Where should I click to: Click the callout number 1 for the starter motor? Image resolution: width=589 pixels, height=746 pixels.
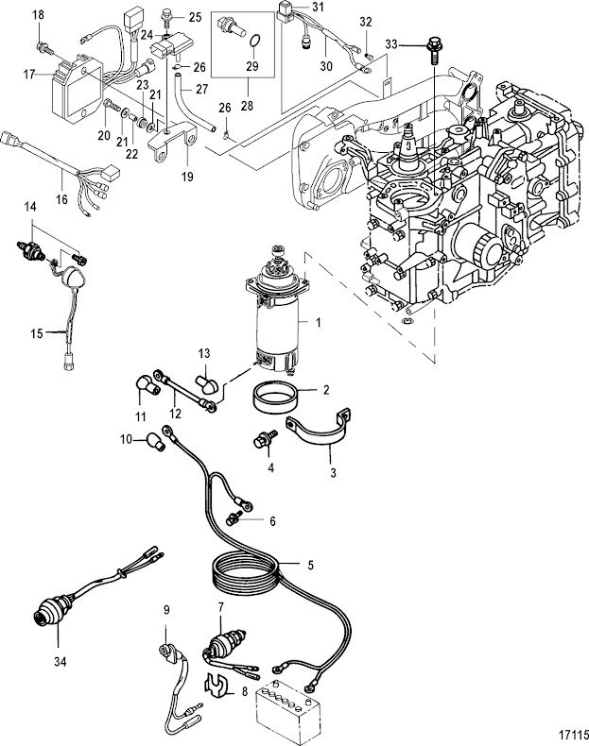(319, 323)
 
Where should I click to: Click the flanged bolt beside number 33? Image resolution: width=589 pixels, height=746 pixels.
(432, 44)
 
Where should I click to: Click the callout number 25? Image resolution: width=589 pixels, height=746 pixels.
(195, 17)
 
